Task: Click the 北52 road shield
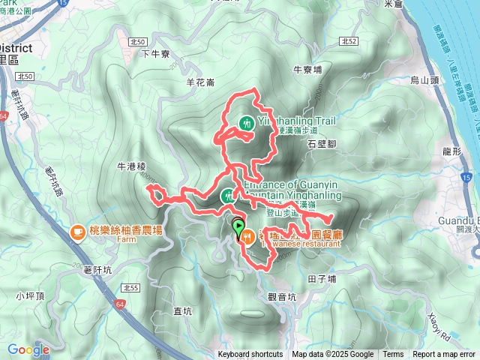pyautogui.click(x=346, y=42)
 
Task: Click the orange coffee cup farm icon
pyautogui.click(x=76, y=233)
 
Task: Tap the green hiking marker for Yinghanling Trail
pyautogui.click(x=246, y=123)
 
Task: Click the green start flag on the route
pyautogui.click(x=238, y=224)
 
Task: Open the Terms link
pyautogui.click(x=393, y=355)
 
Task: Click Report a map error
pyautogui.click(x=444, y=355)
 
